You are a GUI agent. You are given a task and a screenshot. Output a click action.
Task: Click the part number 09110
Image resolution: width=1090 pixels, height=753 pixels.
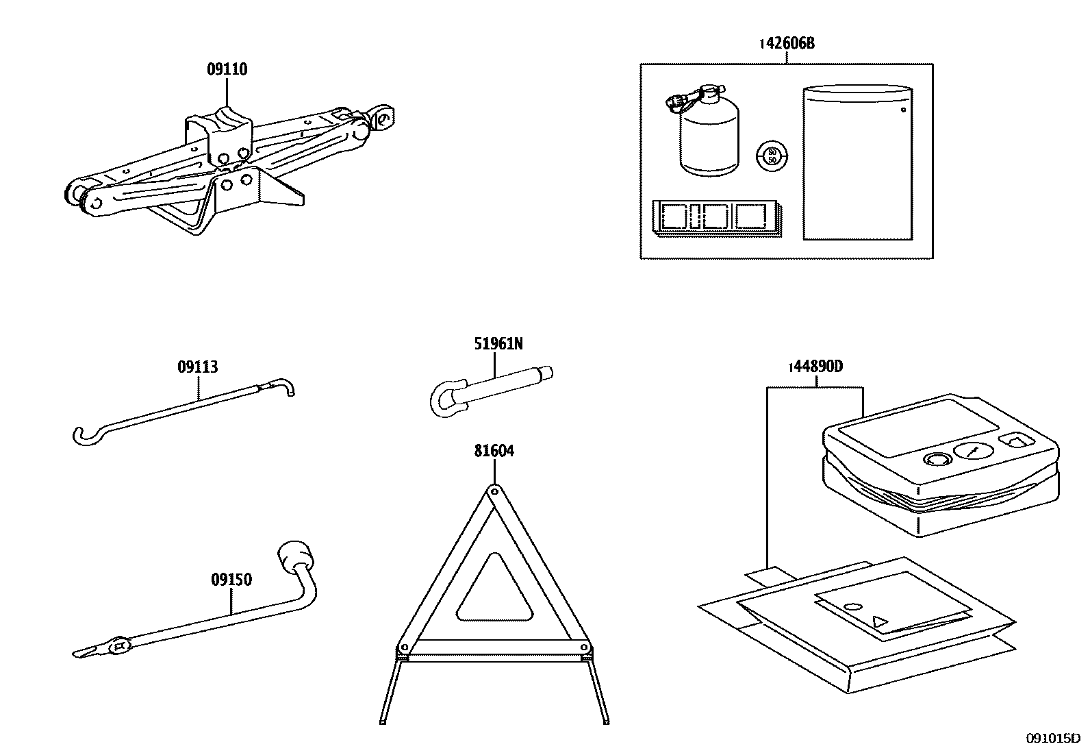pos(227,69)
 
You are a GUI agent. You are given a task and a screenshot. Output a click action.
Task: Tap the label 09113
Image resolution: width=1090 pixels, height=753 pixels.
pos(198,367)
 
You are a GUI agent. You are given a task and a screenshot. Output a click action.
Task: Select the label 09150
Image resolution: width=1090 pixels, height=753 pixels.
pos(231,580)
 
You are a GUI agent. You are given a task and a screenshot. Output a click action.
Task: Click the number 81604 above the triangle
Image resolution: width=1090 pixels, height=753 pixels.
pos(494,451)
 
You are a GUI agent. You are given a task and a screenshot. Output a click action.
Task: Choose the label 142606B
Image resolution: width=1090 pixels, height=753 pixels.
pos(787,44)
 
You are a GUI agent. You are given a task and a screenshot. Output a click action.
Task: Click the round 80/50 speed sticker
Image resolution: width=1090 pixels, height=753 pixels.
pos(772,155)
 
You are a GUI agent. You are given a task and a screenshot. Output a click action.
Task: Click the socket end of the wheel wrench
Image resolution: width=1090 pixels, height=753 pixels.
pos(294,554)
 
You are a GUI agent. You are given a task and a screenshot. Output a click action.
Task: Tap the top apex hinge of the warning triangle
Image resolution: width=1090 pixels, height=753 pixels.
pos(494,491)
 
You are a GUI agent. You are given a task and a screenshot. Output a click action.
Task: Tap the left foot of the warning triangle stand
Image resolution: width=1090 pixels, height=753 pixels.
pos(383,719)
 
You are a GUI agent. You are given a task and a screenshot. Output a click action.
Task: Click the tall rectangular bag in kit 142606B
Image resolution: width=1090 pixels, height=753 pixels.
pos(857,163)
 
